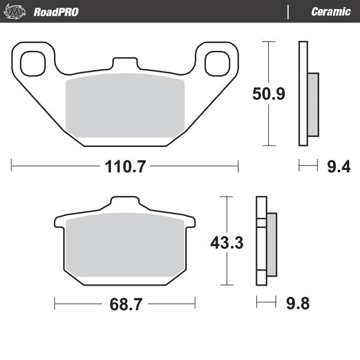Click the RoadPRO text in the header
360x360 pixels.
point(56,12)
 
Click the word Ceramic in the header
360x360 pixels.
point(331,12)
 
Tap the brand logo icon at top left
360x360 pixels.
point(16,12)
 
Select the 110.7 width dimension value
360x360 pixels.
point(125,166)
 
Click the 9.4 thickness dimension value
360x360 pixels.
point(338,166)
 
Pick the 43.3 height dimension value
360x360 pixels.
point(226,242)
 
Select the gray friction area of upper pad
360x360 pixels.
point(124,108)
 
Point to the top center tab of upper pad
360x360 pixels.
point(125,63)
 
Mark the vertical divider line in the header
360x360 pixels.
point(289,12)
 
